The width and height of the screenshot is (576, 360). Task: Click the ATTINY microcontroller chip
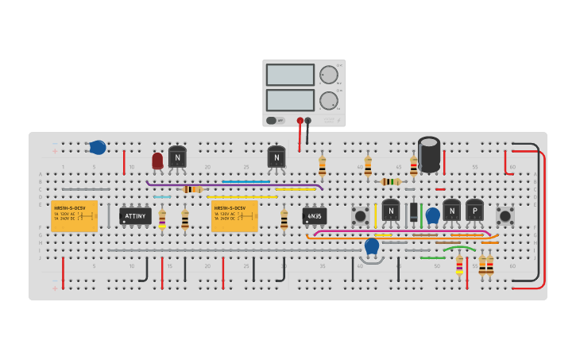click(135, 215)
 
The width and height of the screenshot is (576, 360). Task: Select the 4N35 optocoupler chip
click(315, 215)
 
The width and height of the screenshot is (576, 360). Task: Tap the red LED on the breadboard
click(157, 161)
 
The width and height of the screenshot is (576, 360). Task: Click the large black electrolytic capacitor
click(429, 153)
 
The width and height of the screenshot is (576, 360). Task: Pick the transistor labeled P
click(474, 210)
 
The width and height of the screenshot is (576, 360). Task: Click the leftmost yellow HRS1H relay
click(74, 215)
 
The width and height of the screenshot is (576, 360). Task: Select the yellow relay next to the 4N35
click(234, 215)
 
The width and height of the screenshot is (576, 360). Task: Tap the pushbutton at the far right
click(504, 215)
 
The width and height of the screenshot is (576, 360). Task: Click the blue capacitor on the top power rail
click(97, 147)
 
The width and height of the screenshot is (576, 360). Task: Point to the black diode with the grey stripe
click(413, 212)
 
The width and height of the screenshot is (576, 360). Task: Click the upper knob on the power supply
click(328, 75)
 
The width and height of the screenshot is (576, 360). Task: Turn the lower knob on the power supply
click(328, 100)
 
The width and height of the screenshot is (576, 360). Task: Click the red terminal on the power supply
click(300, 121)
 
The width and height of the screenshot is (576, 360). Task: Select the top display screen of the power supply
click(290, 75)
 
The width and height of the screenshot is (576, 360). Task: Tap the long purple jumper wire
click(234, 185)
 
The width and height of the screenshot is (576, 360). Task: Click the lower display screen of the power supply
click(290, 100)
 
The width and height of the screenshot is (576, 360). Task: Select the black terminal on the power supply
click(308, 121)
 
